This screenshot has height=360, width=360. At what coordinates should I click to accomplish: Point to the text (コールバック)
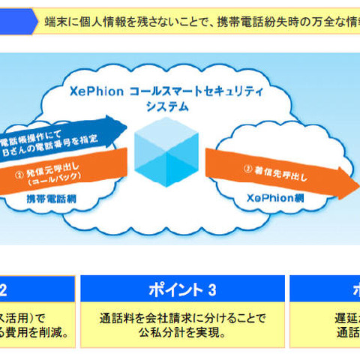(46, 181)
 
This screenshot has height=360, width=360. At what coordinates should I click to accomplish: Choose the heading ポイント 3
(182, 289)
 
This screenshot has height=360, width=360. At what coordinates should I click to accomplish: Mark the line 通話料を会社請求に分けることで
(183, 318)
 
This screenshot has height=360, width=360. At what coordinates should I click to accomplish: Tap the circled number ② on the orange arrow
(19, 170)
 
